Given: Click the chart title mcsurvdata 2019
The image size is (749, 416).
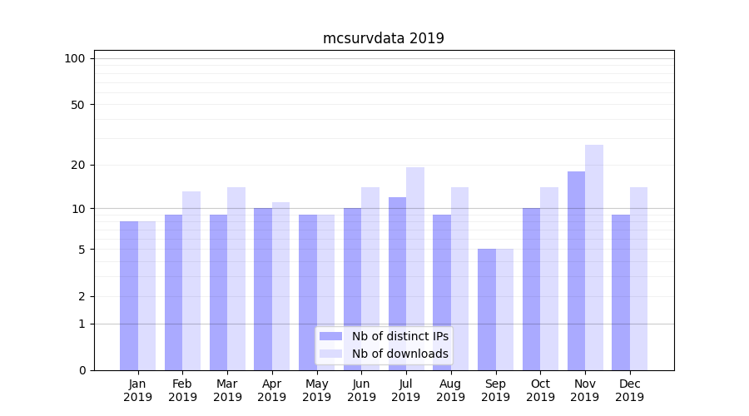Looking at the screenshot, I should [x=384, y=38].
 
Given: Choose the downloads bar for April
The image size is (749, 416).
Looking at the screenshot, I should [x=281, y=286].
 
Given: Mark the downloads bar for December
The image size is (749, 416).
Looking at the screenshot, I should [x=639, y=279].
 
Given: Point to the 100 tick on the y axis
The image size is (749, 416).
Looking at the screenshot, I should [x=75, y=58].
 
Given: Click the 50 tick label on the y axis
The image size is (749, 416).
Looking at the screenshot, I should [x=77, y=105].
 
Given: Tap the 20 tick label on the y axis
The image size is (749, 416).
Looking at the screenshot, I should [x=77, y=165].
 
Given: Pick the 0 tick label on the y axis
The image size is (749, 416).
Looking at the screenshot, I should [x=82, y=370].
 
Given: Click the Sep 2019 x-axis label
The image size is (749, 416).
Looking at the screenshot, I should [x=496, y=390].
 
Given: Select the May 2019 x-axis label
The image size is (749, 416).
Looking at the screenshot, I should [x=317, y=390].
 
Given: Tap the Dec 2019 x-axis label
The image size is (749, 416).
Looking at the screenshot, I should [x=630, y=390].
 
